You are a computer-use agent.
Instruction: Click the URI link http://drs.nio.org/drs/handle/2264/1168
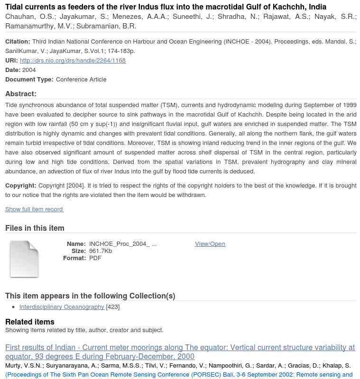[x=73, y=61]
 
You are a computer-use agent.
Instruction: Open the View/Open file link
[x=210, y=244]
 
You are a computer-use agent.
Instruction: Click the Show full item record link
[x=34, y=209]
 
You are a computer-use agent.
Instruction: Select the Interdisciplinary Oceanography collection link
[x=62, y=307]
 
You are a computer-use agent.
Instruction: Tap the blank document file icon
[x=24, y=259]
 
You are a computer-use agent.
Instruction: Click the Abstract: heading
[x=21, y=94]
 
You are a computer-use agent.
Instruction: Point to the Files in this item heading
[x=35, y=228]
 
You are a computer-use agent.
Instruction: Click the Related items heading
[x=30, y=322]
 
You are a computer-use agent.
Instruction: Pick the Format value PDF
[x=95, y=258]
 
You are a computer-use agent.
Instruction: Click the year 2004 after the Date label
[x=29, y=70]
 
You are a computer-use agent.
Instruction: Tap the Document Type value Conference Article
[x=81, y=80]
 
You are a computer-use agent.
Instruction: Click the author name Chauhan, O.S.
[x=29, y=17]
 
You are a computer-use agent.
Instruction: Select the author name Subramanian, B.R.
[x=106, y=27]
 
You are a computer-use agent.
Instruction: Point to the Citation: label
[x=18, y=42]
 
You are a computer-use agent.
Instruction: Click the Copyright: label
[x=21, y=186]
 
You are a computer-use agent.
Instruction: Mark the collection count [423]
[x=113, y=307]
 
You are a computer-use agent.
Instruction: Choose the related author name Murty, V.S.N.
[x=24, y=366]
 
